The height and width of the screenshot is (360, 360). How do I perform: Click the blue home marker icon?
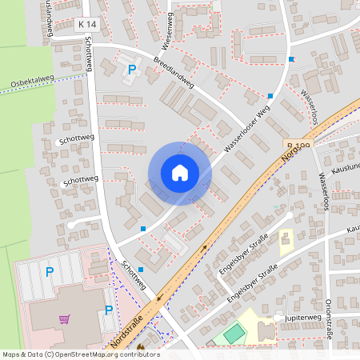[180, 173]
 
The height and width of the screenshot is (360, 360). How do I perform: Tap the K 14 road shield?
[87, 26]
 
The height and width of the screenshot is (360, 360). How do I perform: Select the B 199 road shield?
[297, 146]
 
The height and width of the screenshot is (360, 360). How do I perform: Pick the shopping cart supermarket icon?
[64, 318]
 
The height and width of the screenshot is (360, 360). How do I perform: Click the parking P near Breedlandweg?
[131, 70]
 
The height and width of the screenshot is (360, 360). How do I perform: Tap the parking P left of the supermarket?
[49, 272]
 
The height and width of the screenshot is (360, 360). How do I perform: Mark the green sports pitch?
[233, 333]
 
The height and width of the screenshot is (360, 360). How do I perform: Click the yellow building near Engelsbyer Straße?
[286, 242]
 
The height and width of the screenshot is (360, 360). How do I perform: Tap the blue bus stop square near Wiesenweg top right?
[291, 59]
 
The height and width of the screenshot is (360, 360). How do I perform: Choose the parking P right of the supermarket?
[109, 310]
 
